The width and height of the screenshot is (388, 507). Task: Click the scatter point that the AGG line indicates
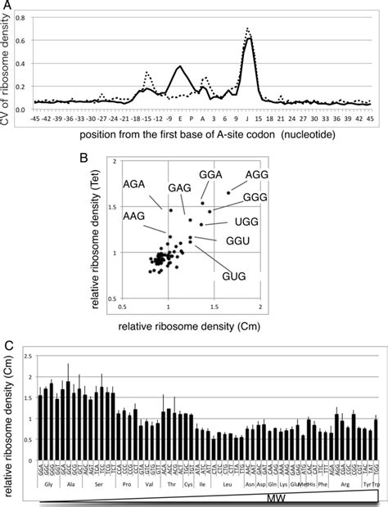tap(228, 193)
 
